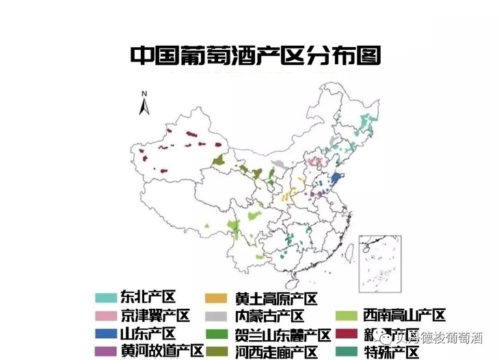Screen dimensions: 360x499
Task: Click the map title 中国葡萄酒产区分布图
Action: point(255,55)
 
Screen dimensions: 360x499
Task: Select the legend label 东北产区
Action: point(148,298)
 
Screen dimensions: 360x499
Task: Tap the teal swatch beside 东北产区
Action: point(105,298)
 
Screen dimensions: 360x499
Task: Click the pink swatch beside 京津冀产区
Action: point(105,316)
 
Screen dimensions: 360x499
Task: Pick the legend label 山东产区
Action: point(148,334)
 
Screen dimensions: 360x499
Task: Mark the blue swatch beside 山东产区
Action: point(105,334)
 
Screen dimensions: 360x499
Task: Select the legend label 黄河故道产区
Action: point(162,351)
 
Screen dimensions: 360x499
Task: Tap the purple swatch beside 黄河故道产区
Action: point(105,351)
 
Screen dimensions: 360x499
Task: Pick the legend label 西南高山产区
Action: point(404,316)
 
